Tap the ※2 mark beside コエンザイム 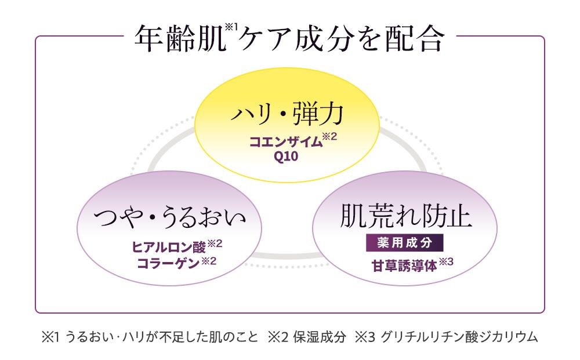pos(329,137)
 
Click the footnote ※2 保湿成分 pos(307,337)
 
